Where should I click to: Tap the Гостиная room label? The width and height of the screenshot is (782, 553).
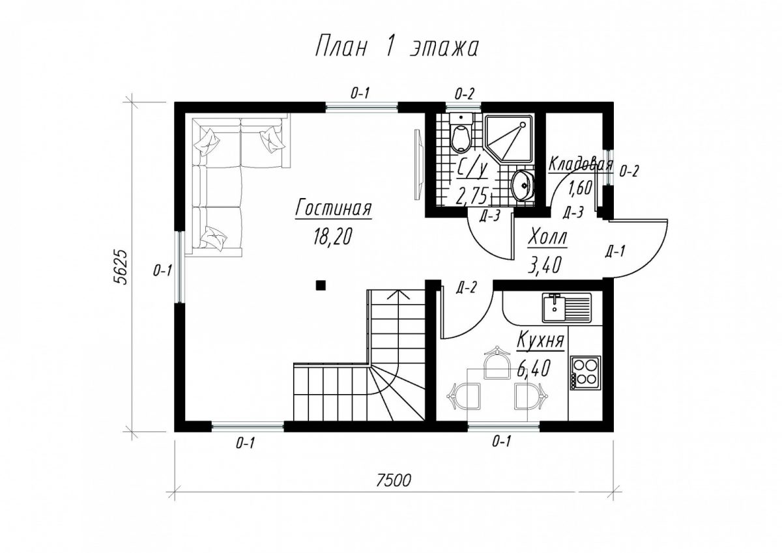333,208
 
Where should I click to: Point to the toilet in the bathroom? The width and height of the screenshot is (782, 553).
461,133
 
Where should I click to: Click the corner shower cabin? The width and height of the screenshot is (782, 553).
510,139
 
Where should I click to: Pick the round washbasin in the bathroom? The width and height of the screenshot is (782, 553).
523,186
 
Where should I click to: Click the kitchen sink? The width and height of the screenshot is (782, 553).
566,307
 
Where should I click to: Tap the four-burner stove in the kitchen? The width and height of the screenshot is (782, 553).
586,373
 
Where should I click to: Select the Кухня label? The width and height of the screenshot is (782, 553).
540,340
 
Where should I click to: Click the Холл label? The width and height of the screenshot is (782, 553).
548,238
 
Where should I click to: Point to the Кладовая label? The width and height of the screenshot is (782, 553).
581,164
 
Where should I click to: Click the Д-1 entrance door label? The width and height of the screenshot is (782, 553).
615,251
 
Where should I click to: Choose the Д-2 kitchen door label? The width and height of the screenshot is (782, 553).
466,288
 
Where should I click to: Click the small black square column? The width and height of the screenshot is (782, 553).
321,285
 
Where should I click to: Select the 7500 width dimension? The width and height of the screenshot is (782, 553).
394,481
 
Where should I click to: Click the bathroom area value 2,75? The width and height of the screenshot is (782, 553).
472,195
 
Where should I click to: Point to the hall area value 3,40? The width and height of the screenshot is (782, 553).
545,265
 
